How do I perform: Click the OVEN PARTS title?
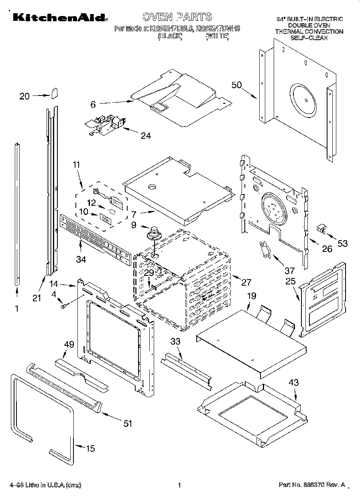(x=177, y=16)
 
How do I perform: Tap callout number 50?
(x=237, y=85)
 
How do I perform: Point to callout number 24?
(x=145, y=136)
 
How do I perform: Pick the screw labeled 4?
(x=64, y=307)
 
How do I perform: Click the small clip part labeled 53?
(x=321, y=229)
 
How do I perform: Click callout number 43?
(x=294, y=383)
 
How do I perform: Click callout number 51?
(x=127, y=423)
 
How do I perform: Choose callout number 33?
(x=175, y=341)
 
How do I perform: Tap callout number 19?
(x=251, y=296)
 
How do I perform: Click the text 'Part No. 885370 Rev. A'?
(x=312, y=485)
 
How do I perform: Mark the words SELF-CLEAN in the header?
(x=309, y=38)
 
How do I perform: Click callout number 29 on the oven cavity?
(x=149, y=272)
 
